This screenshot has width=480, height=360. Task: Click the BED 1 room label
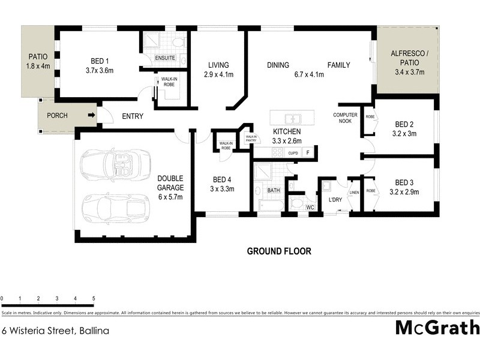click(99, 61)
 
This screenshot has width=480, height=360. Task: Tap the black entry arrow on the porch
click(92, 115)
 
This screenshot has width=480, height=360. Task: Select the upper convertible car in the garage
click(114, 165)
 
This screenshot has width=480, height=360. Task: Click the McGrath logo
click(437, 328)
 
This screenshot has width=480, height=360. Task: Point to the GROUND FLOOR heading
click(279, 251)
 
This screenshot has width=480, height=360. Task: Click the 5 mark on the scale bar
click(94, 298)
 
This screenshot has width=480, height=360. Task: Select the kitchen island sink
click(292, 118)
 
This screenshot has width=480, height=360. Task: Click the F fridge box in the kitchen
click(308, 153)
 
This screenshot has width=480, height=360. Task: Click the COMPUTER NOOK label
click(346, 118)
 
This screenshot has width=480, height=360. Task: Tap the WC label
click(310, 207)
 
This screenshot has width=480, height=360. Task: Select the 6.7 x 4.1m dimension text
click(309, 75)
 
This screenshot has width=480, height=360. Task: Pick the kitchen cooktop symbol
click(278, 152)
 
